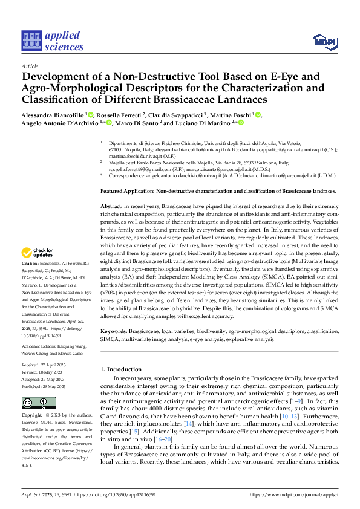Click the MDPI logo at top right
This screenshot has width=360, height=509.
click(x=324, y=41)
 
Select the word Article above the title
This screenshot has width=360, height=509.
click(x=30, y=66)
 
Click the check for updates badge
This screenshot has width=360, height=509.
click(x=39, y=253)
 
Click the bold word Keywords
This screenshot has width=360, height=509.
click(x=114, y=331)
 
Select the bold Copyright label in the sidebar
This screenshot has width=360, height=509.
click(x=32, y=416)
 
